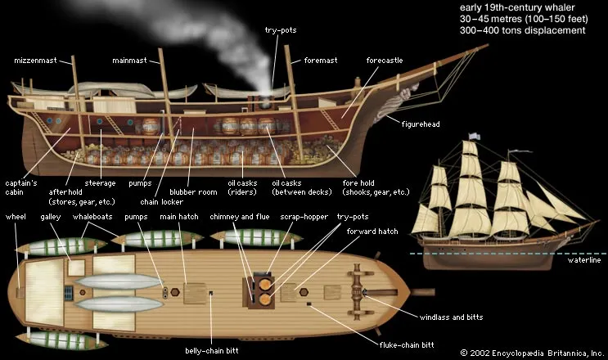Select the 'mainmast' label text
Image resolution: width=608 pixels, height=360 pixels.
click(132, 61)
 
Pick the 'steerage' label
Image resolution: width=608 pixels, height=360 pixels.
click(101, 182)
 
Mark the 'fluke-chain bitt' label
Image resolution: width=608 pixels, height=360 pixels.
click(376, 335)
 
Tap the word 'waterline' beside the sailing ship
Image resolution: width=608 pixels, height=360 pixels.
click(584, 261)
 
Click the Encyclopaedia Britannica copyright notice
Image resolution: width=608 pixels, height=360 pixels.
click(531, 353)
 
